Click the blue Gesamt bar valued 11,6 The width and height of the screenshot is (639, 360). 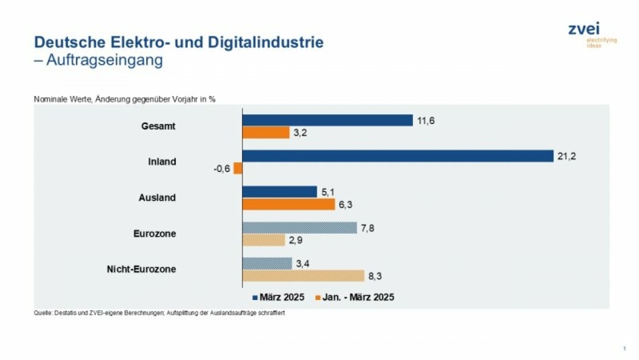327,120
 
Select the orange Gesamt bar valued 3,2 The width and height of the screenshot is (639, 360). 265,133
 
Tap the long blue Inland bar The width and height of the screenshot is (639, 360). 397,156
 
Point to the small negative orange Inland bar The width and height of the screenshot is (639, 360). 238,168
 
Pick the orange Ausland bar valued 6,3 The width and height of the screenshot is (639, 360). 288,204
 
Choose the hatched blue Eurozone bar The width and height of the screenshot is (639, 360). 299,228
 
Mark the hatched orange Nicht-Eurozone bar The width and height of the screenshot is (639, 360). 303,276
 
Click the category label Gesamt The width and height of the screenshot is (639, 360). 158,126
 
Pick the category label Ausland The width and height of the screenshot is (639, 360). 157,198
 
